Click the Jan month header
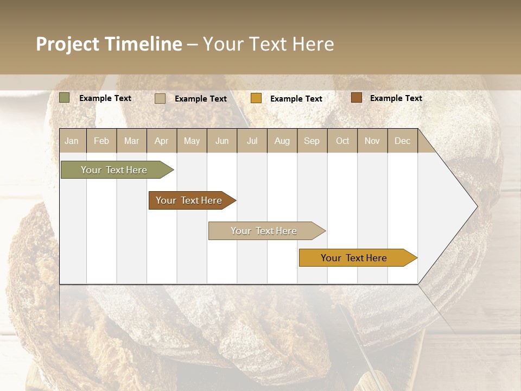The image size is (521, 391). coord(72,141)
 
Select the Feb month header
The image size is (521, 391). coord(101,141)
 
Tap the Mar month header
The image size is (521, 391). coord(131,141)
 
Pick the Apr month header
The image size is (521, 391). coord(162,141)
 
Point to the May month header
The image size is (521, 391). coord(192,141)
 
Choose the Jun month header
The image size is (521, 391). coord(222,141)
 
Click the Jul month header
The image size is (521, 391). coord(252,141)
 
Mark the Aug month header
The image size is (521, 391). coord(282,141)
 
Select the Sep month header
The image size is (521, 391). coord(312,141)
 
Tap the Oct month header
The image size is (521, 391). coord(342,141)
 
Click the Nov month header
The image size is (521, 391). coord(372,141)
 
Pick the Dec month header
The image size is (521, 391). coord(403,141)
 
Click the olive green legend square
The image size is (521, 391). coord(65,98)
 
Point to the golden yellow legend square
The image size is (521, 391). coord(256,98)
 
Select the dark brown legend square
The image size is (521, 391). coord(356,98)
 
